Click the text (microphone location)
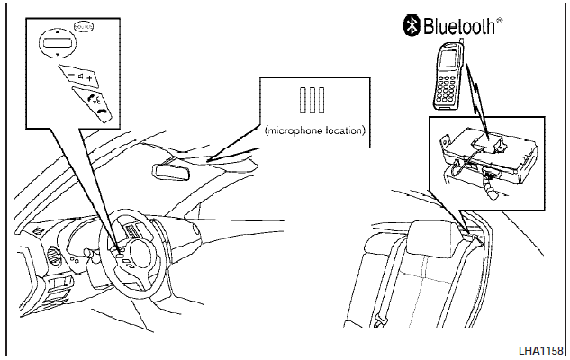coord(315,131)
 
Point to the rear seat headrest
coord(430,235)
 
